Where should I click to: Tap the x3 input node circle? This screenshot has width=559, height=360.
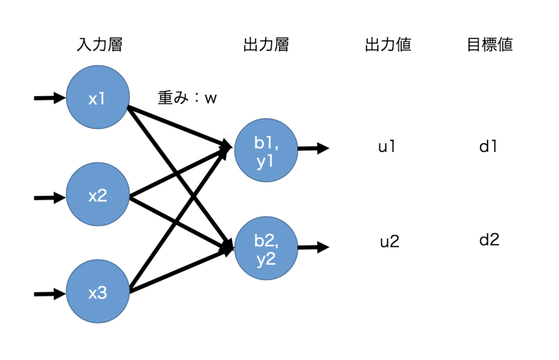pos(98,293)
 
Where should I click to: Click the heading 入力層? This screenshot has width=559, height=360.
pos(99,45)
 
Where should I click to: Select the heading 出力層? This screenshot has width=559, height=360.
pos(266,45)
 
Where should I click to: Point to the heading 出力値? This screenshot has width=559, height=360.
pos(388,45)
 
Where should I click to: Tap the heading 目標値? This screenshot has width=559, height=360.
pos(490,45)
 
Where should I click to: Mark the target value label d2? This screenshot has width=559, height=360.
pos(489,240)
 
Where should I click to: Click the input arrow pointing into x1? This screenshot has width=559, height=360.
pos(50,98)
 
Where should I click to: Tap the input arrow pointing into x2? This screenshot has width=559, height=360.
pos(50,197)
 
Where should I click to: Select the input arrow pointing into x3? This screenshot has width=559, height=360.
pos(50,294)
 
